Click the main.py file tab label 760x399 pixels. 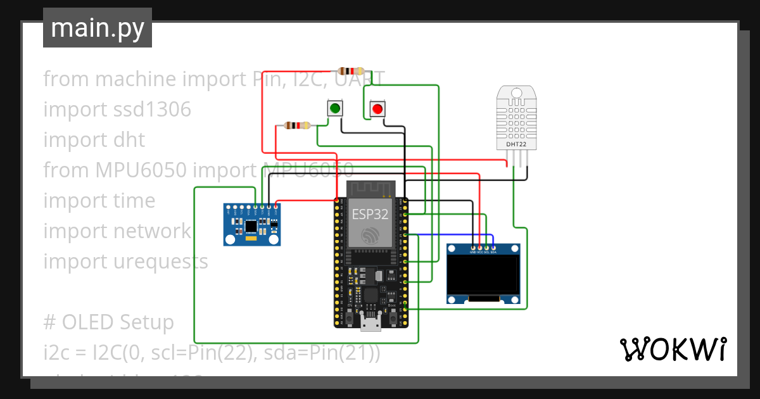[98, 28]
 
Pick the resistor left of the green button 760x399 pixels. [297, 125]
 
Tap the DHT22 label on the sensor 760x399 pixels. [516, 144]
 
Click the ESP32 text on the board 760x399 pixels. [370, 215]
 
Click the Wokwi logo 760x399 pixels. [673, 349]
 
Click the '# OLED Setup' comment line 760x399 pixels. [108, 322]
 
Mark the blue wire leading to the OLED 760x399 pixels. [456, 235]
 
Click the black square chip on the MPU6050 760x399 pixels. [251, 225]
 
